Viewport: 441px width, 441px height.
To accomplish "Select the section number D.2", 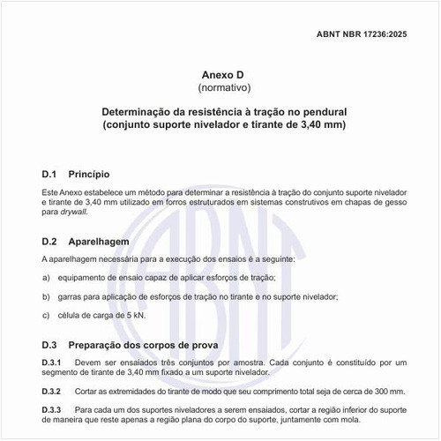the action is [x=49, y=241].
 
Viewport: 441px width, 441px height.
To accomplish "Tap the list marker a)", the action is [x=46, y=279].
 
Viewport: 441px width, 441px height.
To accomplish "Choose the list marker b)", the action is [x=46, y=296].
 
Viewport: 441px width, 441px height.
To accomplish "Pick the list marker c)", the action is [x=46, y=315].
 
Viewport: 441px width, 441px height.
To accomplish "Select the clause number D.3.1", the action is [x=51, y=363].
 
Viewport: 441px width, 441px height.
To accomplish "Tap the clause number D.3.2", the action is [x=51, y=391].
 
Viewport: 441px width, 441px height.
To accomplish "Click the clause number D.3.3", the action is [x=51, y=410].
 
